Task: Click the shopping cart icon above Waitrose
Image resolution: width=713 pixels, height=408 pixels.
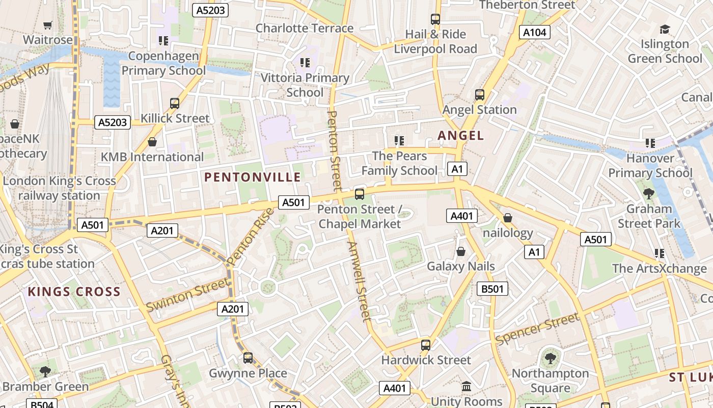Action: coord(47,25)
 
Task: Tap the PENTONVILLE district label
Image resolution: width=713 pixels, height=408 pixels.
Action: coord(253,177)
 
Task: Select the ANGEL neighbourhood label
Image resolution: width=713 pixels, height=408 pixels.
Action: coord(460,135)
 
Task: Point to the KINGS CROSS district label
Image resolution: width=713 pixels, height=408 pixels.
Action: coord(74,292)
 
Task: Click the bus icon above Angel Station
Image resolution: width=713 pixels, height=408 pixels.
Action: coord(479,94)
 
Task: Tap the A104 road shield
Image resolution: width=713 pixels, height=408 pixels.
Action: coord(535,33)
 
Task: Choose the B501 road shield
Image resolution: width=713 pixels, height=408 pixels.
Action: coord(492,289)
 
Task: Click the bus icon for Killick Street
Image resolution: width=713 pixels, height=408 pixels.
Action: coord(175,103)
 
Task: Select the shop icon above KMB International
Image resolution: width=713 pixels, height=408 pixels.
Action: coord(152,142)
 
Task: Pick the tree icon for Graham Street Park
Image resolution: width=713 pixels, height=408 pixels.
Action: coord(648,193)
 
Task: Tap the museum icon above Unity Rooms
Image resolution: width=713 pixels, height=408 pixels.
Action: coord(467,387)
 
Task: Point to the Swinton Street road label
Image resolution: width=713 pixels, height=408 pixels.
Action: coord(187,295)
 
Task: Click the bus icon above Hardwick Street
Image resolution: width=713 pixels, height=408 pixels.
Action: coord(426,345)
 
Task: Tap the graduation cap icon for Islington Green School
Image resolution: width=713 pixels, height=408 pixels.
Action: coord(665,29)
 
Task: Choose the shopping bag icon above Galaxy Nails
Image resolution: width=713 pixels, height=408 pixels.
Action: coord(461,251)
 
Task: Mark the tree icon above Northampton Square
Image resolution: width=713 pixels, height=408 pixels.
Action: coord(550,358)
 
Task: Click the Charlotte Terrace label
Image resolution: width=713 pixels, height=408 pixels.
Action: coord(304,28)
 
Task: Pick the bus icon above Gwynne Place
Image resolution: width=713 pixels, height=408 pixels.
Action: coord(248,358)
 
